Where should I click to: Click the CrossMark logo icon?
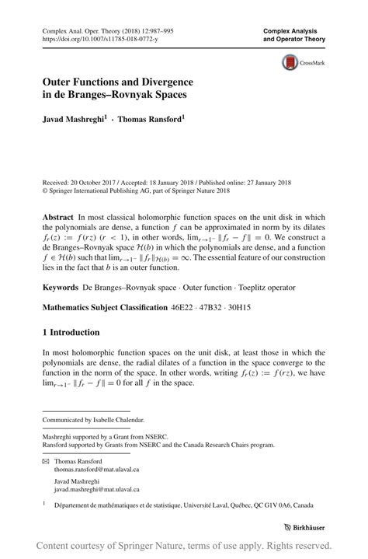point(292,63)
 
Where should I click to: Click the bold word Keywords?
point(63,287)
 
